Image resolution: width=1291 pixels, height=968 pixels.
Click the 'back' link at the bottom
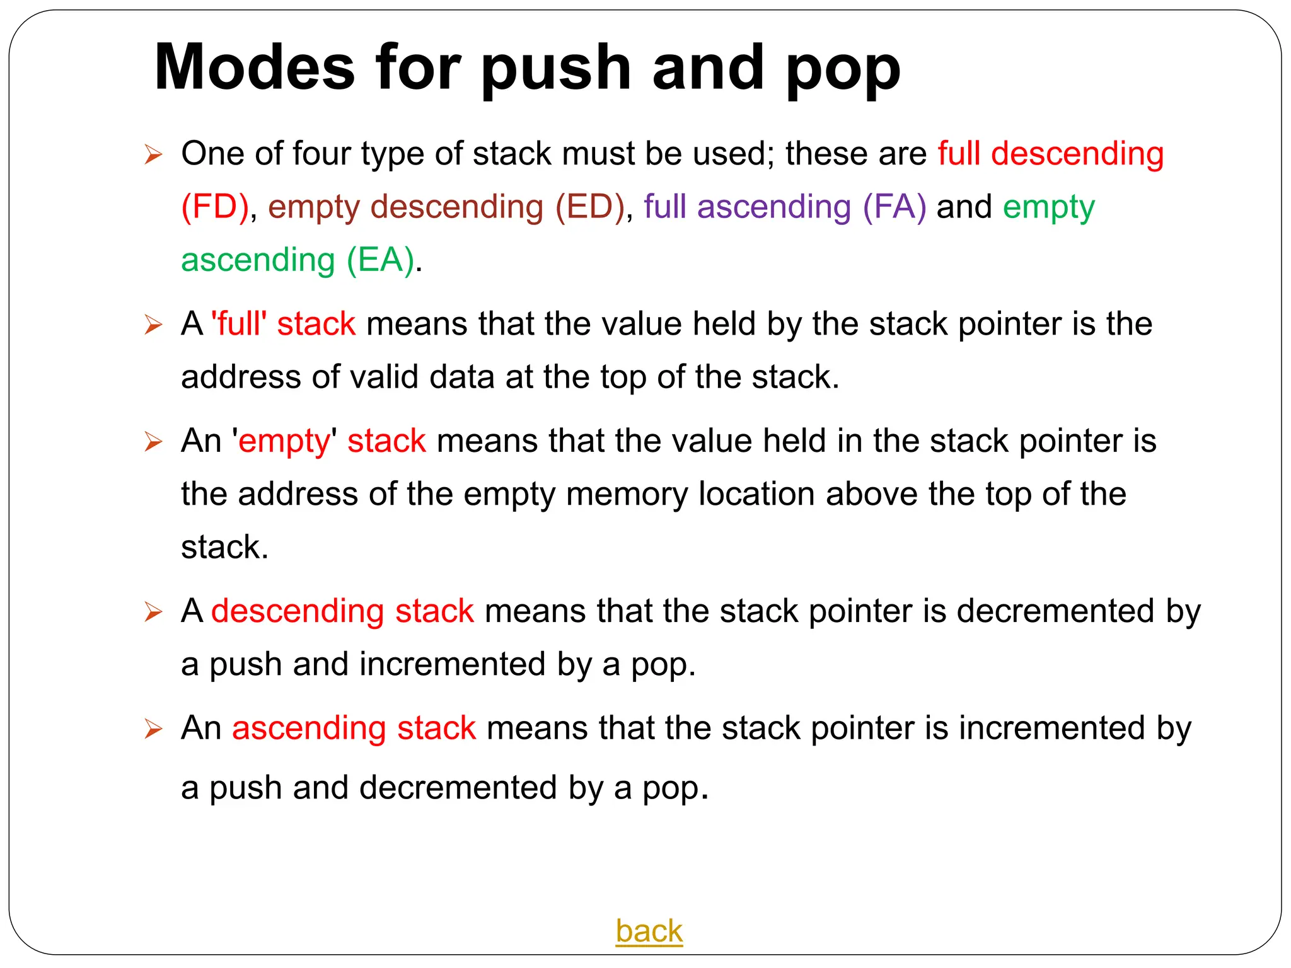pos(649,931)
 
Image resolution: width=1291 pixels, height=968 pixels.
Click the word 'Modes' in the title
pos(255,67)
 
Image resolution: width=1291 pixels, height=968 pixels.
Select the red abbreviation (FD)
pos(215,207)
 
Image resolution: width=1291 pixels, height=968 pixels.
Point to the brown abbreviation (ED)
pos(589,207)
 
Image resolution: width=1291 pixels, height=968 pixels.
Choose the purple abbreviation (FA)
pos(894,207)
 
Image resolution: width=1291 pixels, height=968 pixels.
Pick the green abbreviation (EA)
pos(381,260)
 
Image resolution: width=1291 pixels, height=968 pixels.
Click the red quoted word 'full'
pos(239,323)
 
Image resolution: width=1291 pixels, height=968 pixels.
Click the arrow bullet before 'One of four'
pos(153,154)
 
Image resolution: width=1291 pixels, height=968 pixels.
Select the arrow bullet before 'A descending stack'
pos(153,611)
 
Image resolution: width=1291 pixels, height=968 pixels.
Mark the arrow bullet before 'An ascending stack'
pos(153,729)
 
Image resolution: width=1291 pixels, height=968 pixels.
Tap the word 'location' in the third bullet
pos(756,493)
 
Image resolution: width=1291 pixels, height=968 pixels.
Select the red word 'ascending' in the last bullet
pos(309,728)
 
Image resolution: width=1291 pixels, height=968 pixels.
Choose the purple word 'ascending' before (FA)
pos(774,207)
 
